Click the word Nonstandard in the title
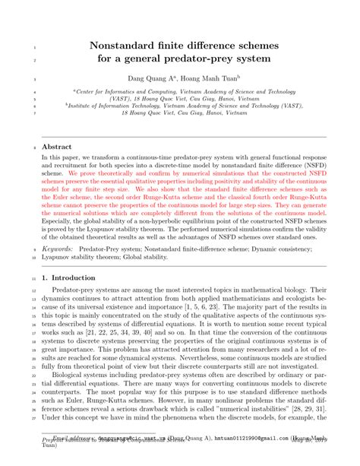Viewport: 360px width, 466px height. coord(126,46)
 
